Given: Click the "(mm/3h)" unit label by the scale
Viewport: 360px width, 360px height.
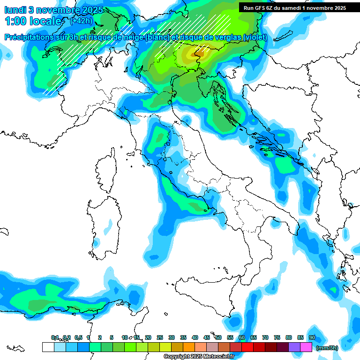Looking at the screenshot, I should (327, 348).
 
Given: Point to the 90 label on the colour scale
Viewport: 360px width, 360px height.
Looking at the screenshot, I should (312, 337).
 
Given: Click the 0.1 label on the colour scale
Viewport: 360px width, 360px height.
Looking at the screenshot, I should (55, 337).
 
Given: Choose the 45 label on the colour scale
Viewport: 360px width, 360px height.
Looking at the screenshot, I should (207, 337).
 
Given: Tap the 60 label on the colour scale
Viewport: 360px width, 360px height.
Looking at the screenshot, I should (242, 337).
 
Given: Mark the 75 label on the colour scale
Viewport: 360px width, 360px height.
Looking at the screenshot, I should (277, 337).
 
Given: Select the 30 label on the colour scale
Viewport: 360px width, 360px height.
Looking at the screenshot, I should (172, 337).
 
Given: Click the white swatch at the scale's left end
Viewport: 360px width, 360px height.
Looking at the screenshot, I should (48, 347).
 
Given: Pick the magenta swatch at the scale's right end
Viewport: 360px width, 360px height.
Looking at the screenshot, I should (306, 347).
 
